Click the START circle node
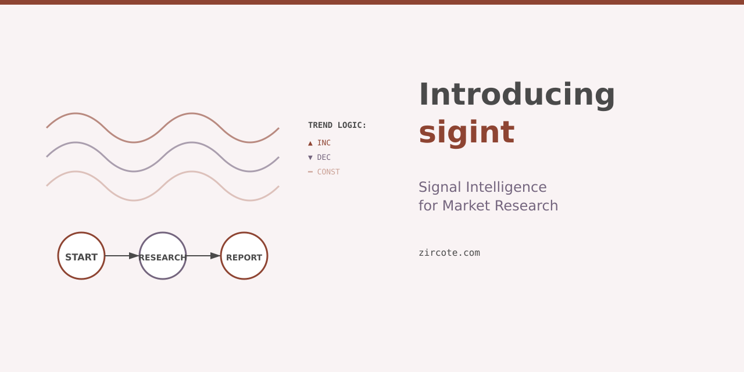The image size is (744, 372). [81, 256]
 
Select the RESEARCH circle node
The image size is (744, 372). [163, 256]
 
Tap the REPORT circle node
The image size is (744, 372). [244, 256]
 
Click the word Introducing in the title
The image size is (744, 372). [517, 94]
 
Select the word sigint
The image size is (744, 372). [466, 132]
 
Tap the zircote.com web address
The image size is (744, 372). [449, 253]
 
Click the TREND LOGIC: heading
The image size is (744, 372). [337, 125]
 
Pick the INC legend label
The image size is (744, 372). [324, 143]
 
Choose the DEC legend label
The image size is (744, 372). [324, 158]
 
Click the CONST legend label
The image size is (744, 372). [328, 172]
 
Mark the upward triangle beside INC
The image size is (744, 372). [310, 143]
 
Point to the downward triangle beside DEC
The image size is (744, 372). [310, 158]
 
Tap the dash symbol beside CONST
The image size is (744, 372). [310, 172]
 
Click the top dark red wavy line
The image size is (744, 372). [76, 113]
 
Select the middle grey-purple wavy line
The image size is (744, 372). [76, 142]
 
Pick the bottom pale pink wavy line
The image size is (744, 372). [76, 171]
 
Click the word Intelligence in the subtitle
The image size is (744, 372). [506, 187]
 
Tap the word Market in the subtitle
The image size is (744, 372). [468, 206]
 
